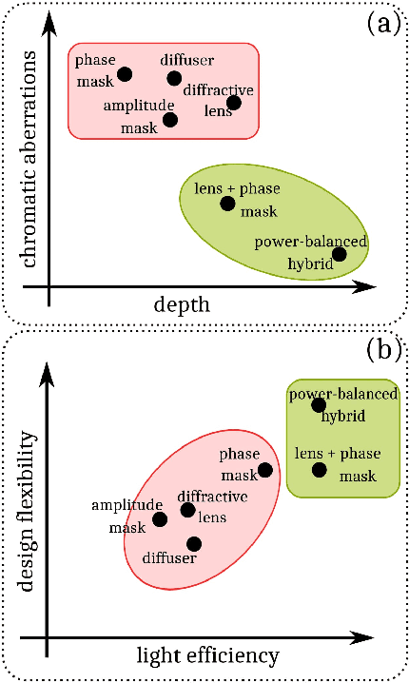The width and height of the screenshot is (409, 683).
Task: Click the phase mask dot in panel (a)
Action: [x=125, y=74]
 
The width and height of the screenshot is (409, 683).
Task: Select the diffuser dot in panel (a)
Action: [x=174, y=78]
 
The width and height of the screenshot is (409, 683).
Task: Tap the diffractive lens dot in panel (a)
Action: [x=234, y=103]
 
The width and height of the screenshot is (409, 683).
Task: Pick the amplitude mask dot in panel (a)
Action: [x=170, y=119]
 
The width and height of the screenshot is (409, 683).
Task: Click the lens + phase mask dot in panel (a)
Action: [x=227, y=203]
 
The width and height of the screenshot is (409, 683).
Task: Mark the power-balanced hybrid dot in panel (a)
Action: [x=339, y=253]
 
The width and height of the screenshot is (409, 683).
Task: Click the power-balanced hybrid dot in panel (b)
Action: [x=320, y=405]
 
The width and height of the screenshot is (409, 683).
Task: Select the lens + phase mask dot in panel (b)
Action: [x=320, y=469]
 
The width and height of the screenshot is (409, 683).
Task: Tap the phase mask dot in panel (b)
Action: [x=265, y=469]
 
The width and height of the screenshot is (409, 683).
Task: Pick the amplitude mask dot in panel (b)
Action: [x=160, y=518]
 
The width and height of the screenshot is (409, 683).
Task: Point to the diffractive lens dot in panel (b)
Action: [x=187, y=511]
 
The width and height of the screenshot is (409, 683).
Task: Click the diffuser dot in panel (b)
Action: [x=194, y=543]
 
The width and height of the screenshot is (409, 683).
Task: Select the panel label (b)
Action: [x=383, y=348]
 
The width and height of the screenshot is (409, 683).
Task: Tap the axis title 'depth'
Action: [x=182, y=304]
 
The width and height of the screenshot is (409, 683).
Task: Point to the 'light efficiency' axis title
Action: [x=208, y=655]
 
